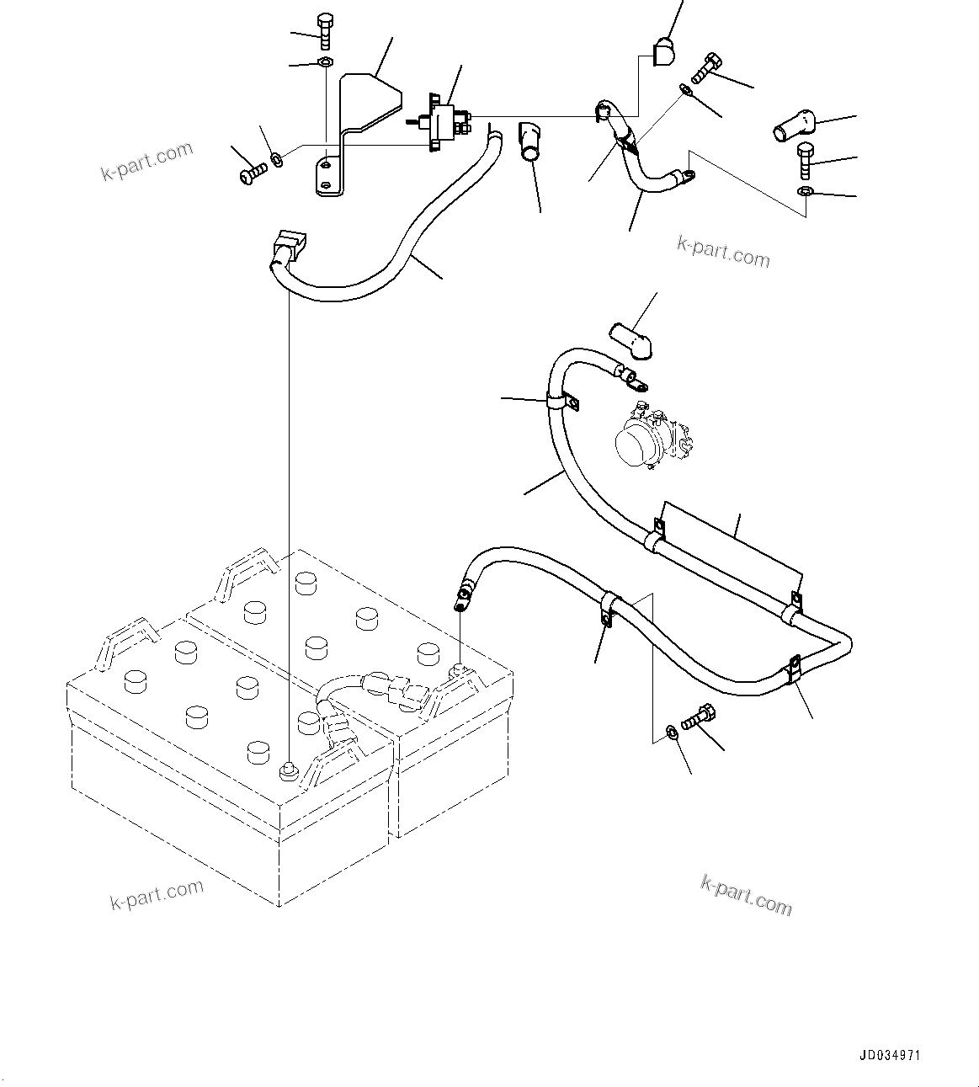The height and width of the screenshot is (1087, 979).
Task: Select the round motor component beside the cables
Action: (650, 439)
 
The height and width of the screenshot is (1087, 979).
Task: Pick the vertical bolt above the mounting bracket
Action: (326, 31)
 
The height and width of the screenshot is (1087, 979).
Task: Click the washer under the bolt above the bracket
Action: (326, 62)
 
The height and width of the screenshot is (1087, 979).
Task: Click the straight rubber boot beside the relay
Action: (531, 141)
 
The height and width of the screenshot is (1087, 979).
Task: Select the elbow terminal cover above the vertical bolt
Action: (794, 127)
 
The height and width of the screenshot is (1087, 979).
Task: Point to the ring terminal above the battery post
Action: (462, 592)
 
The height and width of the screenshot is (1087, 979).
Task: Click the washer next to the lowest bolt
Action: (670, 730)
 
